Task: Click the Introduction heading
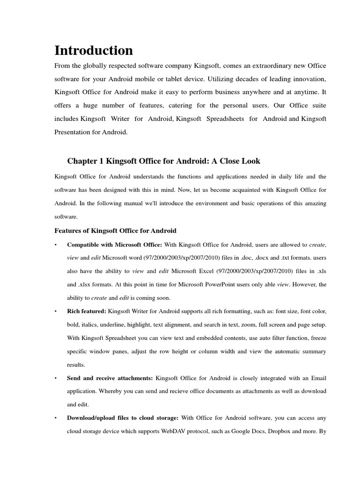point(94,50)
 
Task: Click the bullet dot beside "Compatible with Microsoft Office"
point(56,245)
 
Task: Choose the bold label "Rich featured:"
point(87,311)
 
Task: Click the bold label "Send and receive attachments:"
point(110,377)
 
